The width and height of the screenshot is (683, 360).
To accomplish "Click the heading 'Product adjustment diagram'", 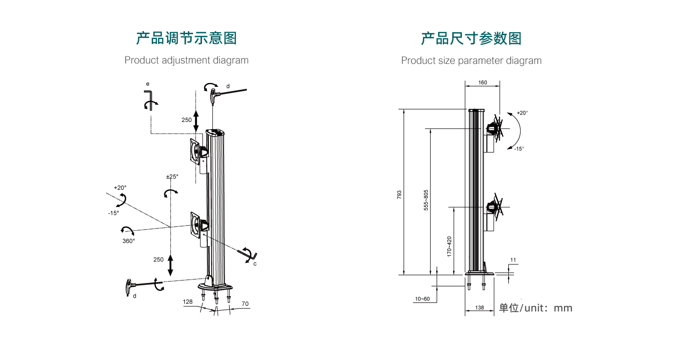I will [186, 60].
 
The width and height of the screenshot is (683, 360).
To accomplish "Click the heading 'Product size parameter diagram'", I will [471, 60].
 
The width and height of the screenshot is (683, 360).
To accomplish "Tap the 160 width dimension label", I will [482, 82].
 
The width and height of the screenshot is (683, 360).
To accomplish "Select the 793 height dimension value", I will [399, 195].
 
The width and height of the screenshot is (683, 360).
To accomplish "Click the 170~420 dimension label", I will [449, 246].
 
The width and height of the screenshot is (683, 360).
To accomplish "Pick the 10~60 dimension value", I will [422, 299].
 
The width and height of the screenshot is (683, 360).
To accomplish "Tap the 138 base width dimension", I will [480, 308].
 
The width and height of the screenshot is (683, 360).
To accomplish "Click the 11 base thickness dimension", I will [513, 260].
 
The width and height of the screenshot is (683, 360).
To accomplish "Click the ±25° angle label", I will [172, 177].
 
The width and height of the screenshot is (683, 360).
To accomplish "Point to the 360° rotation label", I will [129, 241].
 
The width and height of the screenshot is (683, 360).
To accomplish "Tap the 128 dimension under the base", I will [188, 302].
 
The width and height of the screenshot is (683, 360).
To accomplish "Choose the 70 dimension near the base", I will [245, 304].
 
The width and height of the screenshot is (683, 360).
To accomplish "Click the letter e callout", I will [148, 84].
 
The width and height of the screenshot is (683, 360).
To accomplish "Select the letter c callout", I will [255, 264].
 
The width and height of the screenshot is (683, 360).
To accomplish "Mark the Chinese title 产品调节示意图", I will [186, 38].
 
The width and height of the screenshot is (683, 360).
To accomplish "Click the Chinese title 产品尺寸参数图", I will [471, 38].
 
